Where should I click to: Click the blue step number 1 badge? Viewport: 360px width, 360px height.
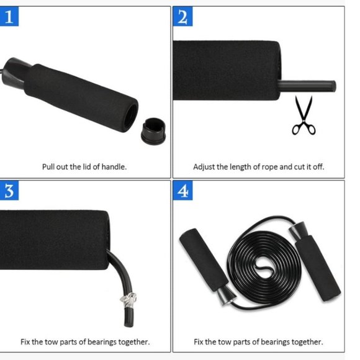point(9,17)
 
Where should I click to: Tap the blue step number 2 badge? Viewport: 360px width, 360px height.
point(182,17)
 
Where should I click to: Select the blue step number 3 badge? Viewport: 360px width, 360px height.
point(9,191)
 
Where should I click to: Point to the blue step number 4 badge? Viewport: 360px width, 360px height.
point(182,191)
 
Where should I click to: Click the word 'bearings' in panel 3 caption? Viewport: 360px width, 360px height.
point(107,342)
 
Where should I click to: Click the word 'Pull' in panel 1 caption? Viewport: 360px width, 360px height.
point(49,167)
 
